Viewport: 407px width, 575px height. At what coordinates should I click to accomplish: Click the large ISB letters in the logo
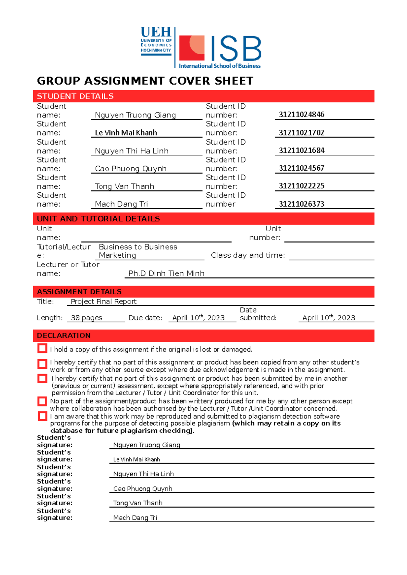point(236,49)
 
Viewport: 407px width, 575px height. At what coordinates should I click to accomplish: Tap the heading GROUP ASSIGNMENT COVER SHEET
point(145,81)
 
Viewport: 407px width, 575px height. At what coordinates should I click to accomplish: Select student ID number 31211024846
point(302,114)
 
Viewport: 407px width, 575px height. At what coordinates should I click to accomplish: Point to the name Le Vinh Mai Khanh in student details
point(126,133)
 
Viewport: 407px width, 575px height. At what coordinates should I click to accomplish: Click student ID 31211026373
point(302,204)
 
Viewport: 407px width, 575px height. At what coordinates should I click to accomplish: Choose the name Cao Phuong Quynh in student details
point(131,169)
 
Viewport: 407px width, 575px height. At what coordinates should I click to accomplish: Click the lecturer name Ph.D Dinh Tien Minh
point(166,273)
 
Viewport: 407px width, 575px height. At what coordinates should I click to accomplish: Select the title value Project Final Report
point(103,301)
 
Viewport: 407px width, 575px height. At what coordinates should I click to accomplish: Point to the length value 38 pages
point(86,318)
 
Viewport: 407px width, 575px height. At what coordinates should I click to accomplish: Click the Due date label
point(145,318)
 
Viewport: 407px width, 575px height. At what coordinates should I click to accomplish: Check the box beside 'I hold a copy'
point(42,348)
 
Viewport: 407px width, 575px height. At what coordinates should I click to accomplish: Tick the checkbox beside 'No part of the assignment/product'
point(42,401)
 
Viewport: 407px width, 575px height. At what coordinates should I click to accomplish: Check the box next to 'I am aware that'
point(42,416)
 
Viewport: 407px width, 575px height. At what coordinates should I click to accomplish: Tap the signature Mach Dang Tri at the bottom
point(135,517)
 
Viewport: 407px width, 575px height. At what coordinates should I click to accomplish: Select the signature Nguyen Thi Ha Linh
point(143,474)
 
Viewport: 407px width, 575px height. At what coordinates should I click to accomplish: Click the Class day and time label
point(248,255)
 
